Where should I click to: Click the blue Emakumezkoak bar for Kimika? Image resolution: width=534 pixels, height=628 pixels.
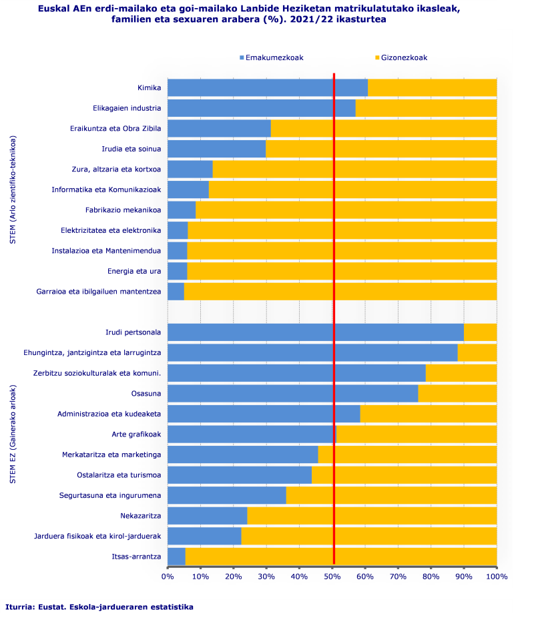(267, 87)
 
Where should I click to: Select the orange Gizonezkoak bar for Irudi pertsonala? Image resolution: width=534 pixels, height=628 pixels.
(480, 332)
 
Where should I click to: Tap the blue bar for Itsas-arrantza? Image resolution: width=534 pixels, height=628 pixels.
(176, 557)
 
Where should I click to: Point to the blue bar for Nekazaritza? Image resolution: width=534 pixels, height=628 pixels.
(207, 516)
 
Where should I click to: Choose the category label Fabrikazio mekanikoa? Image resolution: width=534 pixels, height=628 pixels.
(123, 210)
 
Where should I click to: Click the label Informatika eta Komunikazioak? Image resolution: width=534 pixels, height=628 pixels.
(107, 190)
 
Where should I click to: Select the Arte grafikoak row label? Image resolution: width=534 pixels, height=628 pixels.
(136, 434)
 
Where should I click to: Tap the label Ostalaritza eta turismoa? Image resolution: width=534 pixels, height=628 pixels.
(119, 475)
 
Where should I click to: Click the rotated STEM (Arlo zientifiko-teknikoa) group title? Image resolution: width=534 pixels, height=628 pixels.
(13, 190)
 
